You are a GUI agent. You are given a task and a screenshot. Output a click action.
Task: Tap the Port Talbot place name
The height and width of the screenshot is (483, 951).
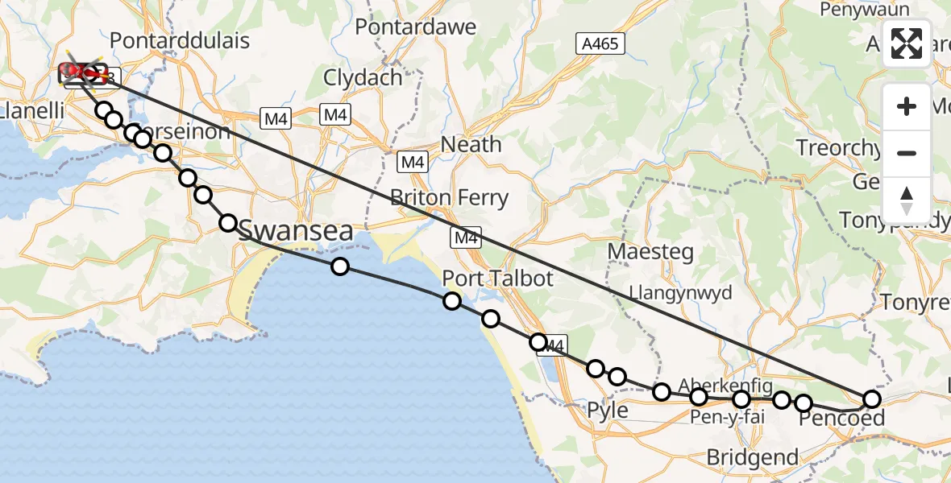497,279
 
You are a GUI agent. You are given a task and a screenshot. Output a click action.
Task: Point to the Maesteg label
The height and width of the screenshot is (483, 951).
650,251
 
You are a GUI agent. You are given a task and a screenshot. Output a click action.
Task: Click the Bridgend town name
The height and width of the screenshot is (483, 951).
752,458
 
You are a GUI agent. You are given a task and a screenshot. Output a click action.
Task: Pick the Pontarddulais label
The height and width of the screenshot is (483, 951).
180,40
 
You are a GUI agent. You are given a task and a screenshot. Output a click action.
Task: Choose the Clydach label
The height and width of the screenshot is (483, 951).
363,78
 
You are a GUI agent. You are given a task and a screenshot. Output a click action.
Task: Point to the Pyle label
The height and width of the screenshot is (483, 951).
608,410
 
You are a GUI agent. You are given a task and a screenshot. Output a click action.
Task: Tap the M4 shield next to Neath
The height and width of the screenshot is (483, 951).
413,163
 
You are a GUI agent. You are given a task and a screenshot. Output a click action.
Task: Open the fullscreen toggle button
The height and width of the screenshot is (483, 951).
907,43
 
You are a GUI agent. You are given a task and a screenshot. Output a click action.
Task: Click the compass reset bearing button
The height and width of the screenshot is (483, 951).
907,200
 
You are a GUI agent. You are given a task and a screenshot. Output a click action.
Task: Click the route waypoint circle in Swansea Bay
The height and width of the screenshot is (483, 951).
340,266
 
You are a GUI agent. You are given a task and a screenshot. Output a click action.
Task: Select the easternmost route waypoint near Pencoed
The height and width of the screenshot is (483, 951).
872,398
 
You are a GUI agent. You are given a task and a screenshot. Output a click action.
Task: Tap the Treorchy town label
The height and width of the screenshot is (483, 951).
838,148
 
